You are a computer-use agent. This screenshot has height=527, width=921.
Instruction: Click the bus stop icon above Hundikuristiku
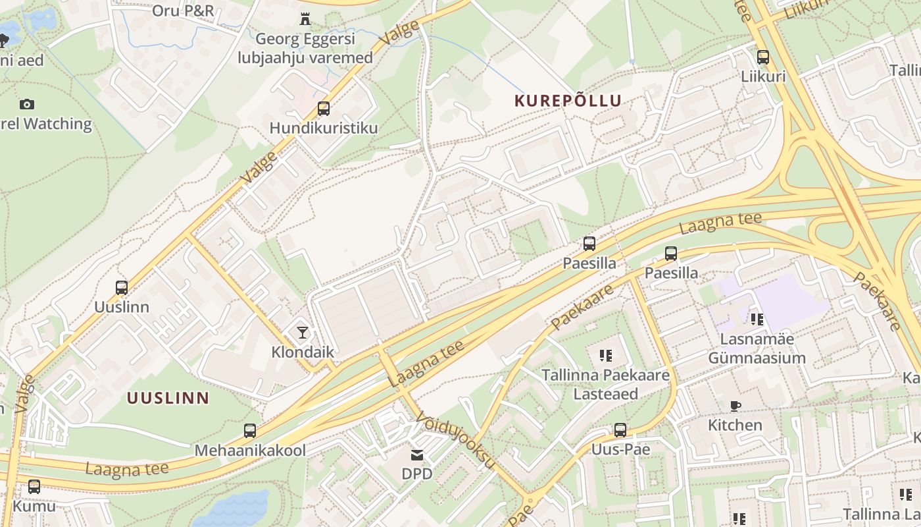(x=324, y=109)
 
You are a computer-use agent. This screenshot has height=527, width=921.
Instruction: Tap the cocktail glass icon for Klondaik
(x=302, y=333)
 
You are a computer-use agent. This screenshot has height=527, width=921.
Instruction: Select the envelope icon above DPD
(x=417, y=455)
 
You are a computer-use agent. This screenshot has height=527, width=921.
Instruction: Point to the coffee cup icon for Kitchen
(x=735, y=406)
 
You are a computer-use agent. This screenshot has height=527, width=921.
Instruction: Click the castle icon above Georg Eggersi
(x=305, y=19)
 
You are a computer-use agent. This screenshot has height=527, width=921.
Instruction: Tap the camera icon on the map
(x=27, y=104)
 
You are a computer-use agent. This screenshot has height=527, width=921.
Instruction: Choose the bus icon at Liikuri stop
(x=763, y=57)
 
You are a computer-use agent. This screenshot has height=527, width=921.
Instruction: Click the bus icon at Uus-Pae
(x=620, y=430)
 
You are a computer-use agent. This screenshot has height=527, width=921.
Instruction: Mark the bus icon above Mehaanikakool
(x=250, y=431)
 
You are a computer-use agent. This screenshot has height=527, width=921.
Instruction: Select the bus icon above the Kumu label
(x=34, y=487)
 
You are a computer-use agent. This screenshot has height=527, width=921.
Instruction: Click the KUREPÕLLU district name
(x=568, y=101)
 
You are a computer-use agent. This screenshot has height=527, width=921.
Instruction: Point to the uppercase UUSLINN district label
(x=168, y=398)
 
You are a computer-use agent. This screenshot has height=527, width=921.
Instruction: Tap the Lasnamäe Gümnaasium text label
(x=757, y=348)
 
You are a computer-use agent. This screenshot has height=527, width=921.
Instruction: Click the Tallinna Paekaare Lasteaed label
(x=605, y=384)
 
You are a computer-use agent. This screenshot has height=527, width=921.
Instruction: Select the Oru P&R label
(x=183, y=11)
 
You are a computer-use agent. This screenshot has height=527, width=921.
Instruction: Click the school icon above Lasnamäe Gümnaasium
(x=757, y=319)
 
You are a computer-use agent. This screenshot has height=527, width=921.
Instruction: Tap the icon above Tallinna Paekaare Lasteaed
(x=605, y=356)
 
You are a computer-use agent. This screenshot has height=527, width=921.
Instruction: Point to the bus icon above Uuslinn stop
(x=122, y=287)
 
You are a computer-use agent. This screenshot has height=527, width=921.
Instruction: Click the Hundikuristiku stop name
(x=324, y=128)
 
